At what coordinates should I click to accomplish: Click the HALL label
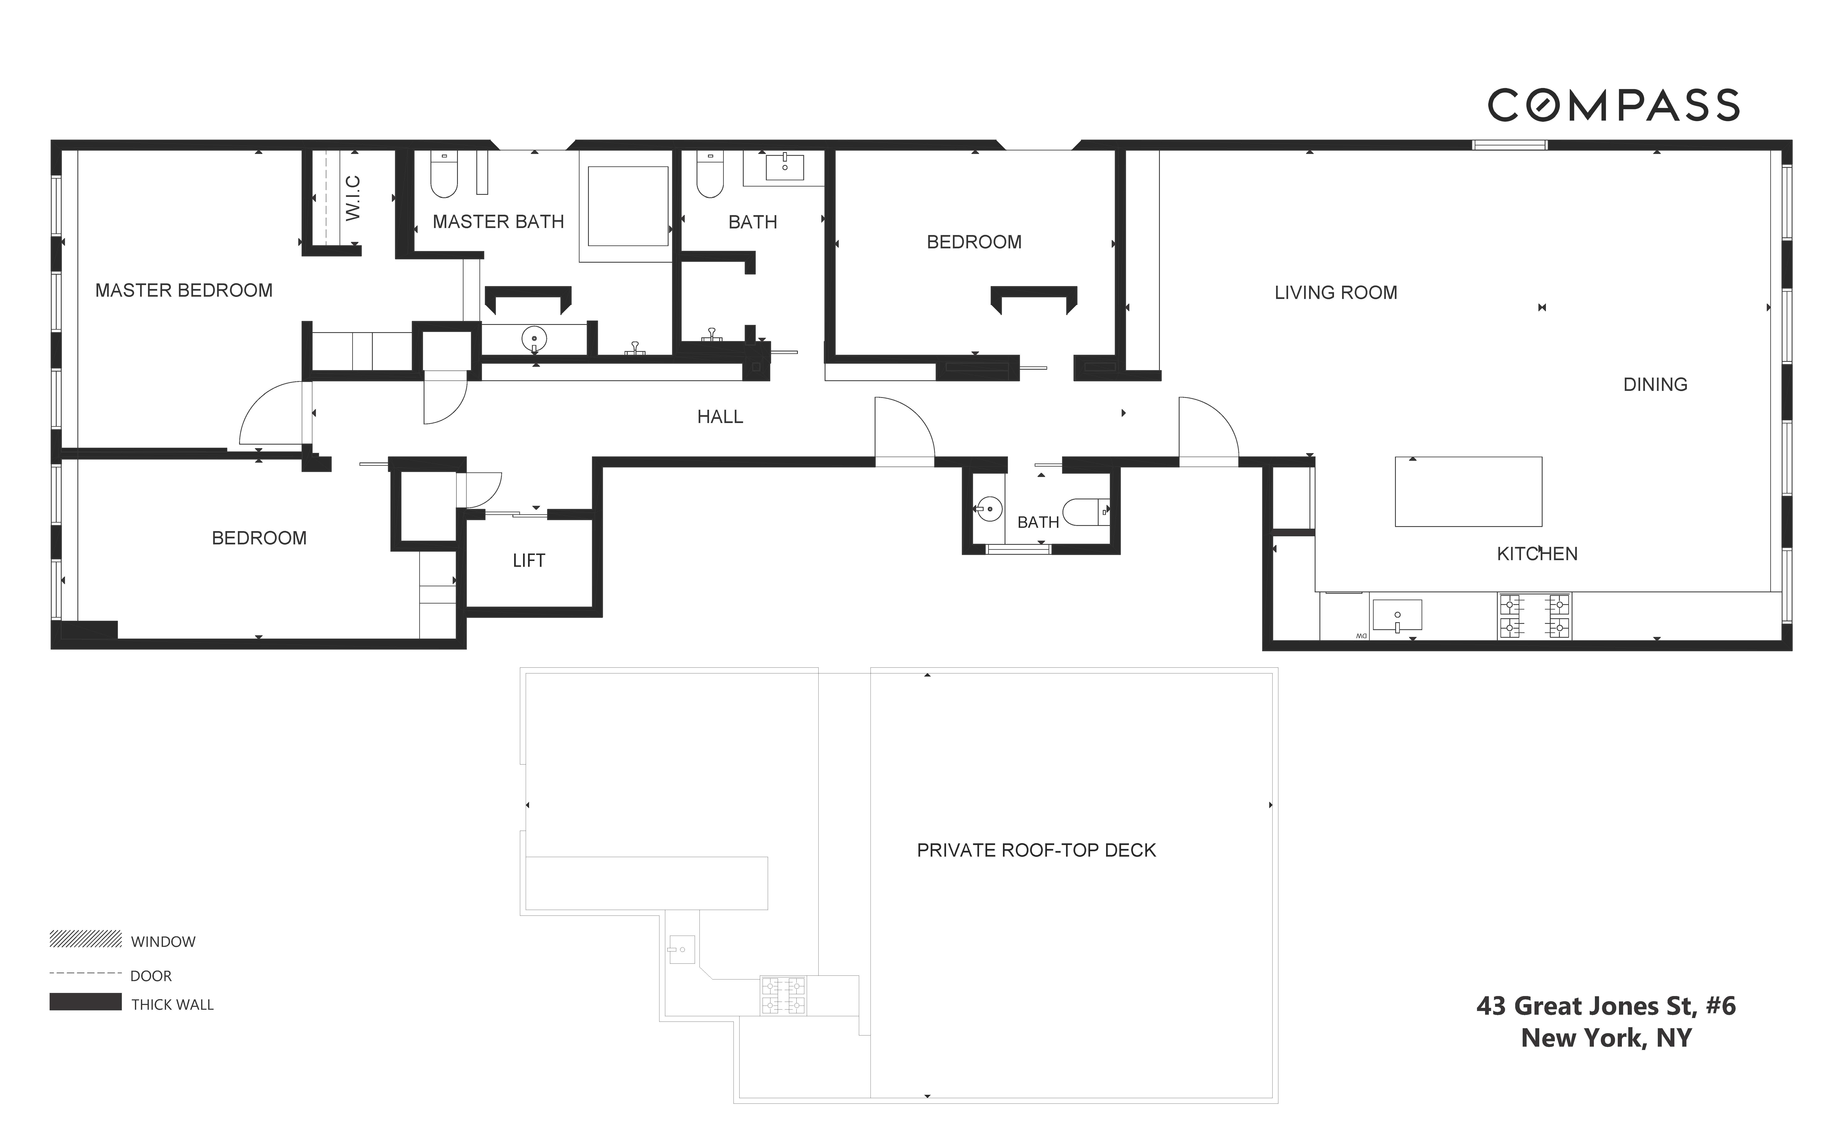720,417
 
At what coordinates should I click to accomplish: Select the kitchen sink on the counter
1397,615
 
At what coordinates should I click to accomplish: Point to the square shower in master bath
627,206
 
